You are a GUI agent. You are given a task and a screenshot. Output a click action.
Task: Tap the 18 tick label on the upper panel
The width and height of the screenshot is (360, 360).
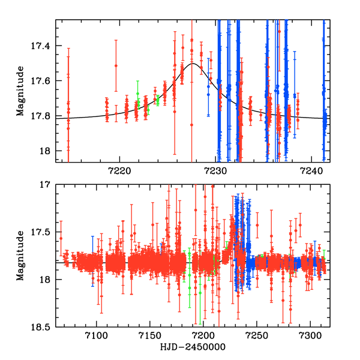(47, 151)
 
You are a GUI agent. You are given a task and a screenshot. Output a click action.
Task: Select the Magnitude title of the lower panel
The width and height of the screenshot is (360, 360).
(20, 256)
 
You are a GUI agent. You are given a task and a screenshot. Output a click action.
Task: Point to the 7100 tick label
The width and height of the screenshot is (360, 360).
(96, 336)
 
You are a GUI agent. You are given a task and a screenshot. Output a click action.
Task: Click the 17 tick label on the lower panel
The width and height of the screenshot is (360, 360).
(47, 185)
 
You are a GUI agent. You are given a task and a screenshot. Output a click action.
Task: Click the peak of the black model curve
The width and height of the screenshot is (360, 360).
(193, 63)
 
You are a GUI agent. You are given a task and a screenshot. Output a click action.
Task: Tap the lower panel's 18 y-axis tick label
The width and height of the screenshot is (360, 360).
(47, 280)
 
